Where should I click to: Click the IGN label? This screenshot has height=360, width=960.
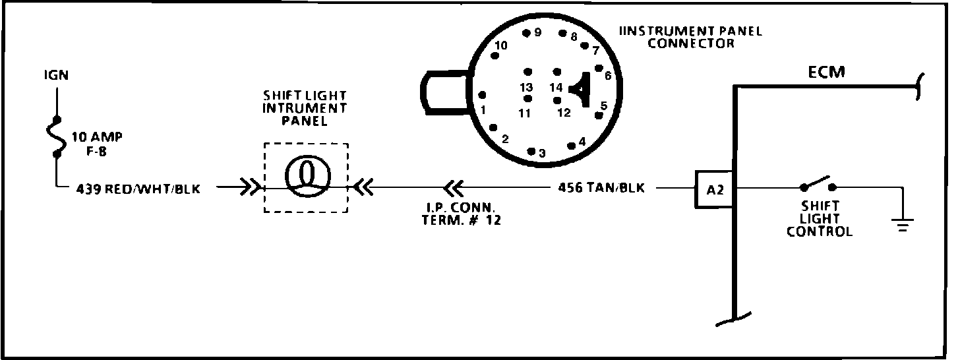point(55,75)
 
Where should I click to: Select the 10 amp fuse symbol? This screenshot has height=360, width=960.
point(57,137)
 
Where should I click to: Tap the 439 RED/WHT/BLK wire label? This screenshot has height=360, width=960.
point(138,189)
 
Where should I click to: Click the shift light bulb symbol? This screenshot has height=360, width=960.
point(306,178)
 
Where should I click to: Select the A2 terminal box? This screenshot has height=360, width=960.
point(715,190)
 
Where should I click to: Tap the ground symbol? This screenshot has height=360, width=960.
point(901,225)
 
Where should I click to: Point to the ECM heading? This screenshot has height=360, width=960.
point(826,72)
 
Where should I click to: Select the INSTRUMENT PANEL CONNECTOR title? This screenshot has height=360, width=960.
point(690,38)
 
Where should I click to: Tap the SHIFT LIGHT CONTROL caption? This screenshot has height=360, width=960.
point(820,219)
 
